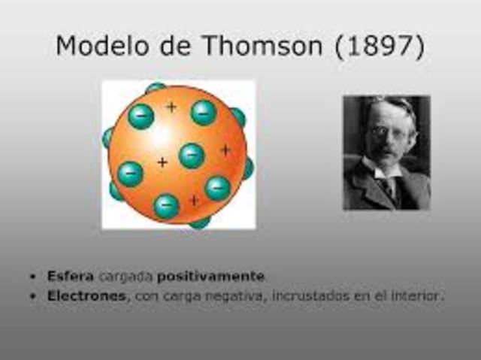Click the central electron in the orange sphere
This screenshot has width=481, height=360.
click(192, 156)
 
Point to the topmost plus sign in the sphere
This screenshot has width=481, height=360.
click(171, 107)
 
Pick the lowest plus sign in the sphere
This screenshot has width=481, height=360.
click(194, 200)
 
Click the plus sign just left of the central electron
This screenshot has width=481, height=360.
click(162, 162)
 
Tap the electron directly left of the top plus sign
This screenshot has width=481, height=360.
click(141, 116)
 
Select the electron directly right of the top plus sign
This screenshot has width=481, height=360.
click(203, 113)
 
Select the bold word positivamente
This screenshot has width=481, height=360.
click(221, 276)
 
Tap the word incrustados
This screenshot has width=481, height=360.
click(295, 296)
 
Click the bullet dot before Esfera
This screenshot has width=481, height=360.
click(33, 277)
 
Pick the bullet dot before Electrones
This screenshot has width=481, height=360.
click(33, 296)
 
